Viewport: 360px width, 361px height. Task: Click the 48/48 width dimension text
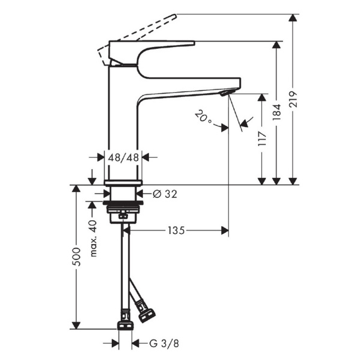[x=123, y=157]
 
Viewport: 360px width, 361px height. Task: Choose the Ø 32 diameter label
[x=165, y=194]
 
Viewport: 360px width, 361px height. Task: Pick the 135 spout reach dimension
[x=175, y=230]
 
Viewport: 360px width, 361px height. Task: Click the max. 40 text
[x=93, y=237]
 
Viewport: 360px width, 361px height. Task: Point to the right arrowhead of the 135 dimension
[x=225, y=230]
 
